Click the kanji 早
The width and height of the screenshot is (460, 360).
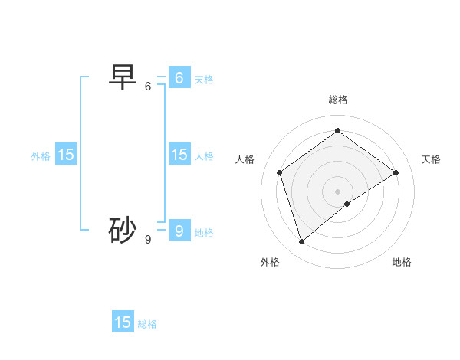(123, 77)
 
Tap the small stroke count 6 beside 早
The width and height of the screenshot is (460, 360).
(148, 87)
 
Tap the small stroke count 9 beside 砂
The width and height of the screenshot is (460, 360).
(148, 240)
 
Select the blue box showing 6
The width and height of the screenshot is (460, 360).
(179, 78)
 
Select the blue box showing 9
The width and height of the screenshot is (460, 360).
(179, 230)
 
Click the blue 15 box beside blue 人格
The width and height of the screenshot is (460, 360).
(179, 155)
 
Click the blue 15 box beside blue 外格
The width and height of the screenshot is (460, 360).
(66, 155)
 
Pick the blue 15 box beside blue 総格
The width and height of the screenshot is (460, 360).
(123, 322)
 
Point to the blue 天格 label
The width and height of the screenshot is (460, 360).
(204, 80)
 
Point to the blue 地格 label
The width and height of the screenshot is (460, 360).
(204, 233)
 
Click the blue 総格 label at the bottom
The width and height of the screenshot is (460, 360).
(147, 324)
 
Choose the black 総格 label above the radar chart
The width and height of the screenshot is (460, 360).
(338, 100)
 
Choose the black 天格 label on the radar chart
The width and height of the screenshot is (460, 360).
(431, 159)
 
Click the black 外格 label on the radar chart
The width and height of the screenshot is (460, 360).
(270, 262)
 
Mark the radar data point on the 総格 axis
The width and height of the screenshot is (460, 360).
(337, 130)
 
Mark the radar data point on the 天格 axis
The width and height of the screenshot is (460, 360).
(396, 172)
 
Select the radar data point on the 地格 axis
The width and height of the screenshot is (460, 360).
(347, 204)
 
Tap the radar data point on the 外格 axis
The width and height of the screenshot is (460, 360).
(301, 242)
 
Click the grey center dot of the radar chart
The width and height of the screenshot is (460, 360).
(337, 191)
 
